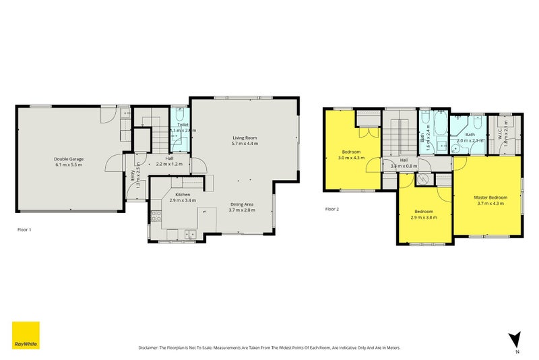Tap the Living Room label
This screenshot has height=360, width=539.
coord(245,138)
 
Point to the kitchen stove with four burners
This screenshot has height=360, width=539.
coord(156,216)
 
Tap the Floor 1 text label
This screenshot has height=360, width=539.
coord(24,229)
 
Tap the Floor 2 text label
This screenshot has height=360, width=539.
coord(332,209)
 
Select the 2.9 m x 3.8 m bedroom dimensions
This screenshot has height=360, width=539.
coord(424,218)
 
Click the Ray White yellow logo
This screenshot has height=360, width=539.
coord(26,335)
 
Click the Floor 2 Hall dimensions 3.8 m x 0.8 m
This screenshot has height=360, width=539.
coord(404,165)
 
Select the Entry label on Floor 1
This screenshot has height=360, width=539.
coord(132,175)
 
